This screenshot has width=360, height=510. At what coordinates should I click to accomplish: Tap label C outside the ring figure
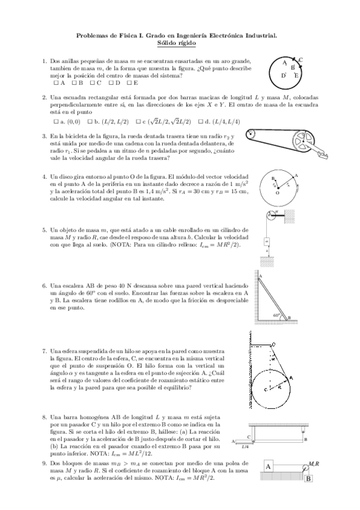pos(300,60)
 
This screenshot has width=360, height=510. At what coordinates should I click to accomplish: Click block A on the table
pos(268,467)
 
